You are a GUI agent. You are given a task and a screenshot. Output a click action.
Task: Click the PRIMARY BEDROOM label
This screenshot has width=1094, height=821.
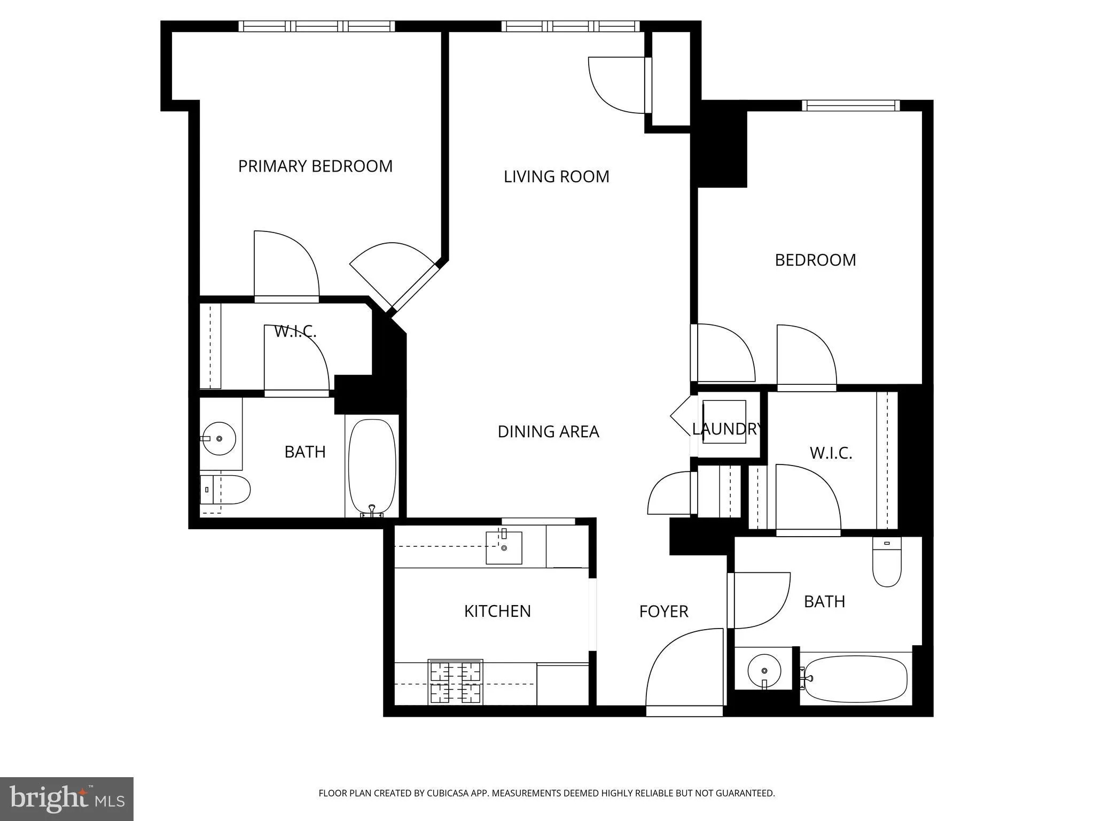tap(315, 166)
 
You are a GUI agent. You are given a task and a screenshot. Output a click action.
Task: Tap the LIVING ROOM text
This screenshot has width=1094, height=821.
tap(556, 176)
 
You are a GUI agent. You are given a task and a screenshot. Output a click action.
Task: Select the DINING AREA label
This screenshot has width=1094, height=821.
tap(548, 431)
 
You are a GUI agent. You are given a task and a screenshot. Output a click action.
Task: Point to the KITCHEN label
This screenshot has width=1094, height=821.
tap(497, 611)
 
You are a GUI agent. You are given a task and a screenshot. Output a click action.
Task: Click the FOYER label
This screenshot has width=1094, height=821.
tap(663, 611)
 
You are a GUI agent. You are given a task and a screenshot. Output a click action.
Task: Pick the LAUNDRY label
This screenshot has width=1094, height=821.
tap(726, 429)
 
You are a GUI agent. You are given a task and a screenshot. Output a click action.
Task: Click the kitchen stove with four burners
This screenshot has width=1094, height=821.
tap(455, 682)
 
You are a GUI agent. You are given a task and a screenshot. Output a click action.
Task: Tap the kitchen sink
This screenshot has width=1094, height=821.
tap(503, 547)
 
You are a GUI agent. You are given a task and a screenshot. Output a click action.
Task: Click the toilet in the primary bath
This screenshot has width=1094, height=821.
tap(225, 490)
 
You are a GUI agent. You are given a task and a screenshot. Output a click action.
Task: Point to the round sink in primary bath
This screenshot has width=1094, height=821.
tap(218, 438)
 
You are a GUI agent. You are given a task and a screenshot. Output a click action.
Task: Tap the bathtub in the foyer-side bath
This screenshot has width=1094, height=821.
tap(855, 679)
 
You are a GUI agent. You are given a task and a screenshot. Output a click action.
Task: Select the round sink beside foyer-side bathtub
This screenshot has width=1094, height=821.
tap(764, 670)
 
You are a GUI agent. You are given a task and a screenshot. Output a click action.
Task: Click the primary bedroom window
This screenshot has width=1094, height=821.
tap(316, 26)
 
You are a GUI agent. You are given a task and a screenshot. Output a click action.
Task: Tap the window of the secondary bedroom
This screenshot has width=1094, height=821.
tap(850, 105)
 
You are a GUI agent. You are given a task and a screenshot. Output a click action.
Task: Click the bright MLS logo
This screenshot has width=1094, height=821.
tap(66, 799)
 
